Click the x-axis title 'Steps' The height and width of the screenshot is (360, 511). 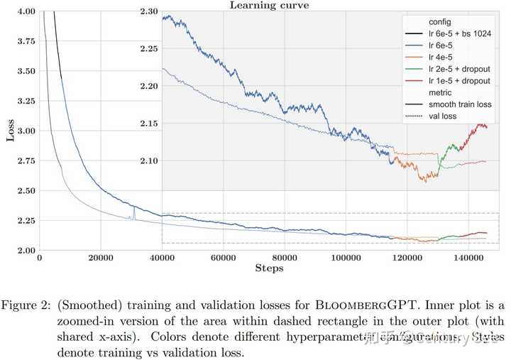[x=269, y=268]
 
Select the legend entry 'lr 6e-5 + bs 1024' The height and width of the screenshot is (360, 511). [x=461, y=34]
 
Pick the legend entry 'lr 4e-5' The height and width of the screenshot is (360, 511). [x=441, y=57]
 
